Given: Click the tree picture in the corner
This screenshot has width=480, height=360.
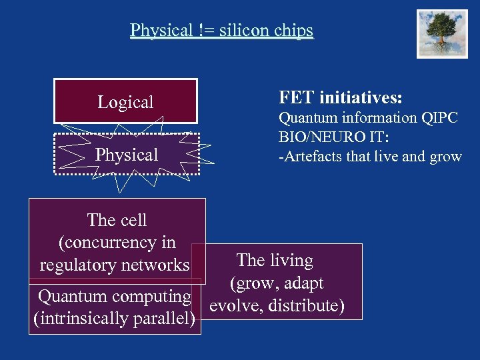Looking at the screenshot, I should tap(442, 34).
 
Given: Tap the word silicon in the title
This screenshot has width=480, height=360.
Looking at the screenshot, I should tap(242, 30).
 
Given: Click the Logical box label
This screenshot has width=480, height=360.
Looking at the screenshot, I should tap(125, 102).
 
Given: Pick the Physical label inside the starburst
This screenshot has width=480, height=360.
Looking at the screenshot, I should tap(127, 155).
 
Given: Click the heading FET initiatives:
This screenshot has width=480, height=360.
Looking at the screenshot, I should tap(340, 98).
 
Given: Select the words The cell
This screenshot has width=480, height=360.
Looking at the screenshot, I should tap(117, 220).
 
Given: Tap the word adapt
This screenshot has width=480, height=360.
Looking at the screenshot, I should tap(301, 283).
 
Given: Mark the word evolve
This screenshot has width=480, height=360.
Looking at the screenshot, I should tap(234, 305).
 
